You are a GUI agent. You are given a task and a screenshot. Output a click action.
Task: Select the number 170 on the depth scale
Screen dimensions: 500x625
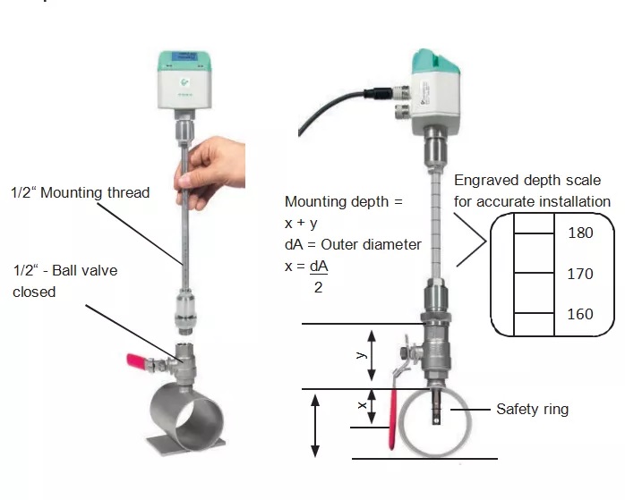click(x=580, y=274)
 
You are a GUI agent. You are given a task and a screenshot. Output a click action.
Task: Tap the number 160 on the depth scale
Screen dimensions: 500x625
click(x=580, y=314)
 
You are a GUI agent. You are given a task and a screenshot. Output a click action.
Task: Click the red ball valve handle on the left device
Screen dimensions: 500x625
click(x=136, y=362)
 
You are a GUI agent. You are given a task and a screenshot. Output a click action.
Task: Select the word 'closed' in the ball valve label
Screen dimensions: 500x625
click(x=34, y=292)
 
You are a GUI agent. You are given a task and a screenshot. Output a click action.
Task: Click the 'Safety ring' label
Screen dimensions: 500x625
click(x=532, y=410)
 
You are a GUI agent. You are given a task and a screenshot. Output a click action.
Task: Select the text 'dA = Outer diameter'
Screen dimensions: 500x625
click(x=353, y=244)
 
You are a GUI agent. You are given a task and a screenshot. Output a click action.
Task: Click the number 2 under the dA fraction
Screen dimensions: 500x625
click(x=318, y=287)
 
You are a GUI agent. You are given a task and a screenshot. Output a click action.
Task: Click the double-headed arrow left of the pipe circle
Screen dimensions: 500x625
click(x=314, y=426)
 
